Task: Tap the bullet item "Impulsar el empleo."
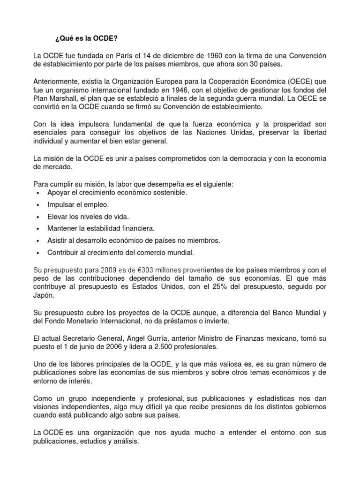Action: click(78, 205)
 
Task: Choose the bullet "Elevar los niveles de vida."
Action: click(88, 217)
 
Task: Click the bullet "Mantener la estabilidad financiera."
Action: click(101, 229)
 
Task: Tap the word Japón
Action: click(44, 296)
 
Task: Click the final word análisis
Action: click(127, 441)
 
